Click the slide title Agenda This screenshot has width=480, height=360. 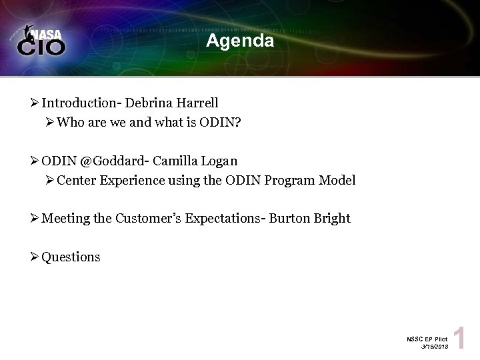click(240, 41)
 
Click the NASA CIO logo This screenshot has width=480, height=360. click(41, 41)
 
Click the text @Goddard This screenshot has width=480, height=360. click(107, 161)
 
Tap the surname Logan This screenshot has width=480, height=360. click(217, 161)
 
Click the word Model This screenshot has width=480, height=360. click(336, 180)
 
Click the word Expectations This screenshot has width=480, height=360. click(223, 219)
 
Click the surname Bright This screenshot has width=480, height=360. click(332, 219)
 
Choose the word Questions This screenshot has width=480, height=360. click(71, 257)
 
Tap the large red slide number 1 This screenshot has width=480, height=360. click(459, 339)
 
